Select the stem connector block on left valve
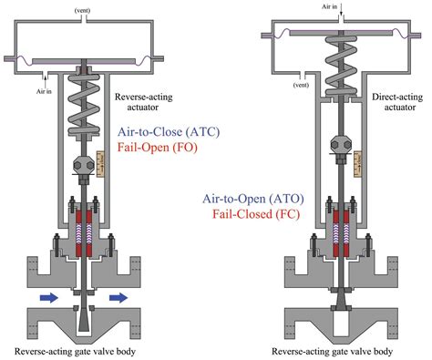[83, 168]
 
